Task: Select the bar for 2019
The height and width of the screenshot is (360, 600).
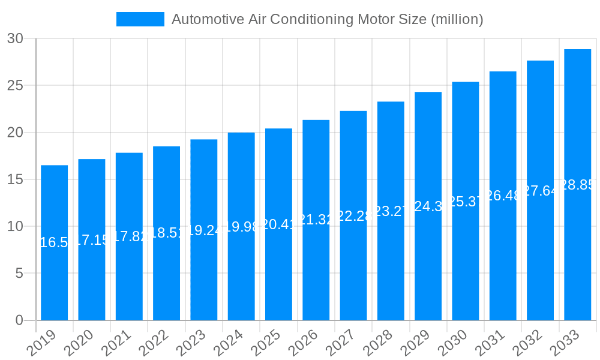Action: click(x=54, y=242)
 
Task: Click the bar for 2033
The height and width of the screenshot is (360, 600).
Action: click(x=577, y=185)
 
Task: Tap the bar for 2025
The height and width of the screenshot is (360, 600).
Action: click(x=278, y=224)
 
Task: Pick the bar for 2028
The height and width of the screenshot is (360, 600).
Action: click(x=391, y=211)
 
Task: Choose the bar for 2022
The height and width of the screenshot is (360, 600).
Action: click(x=166, y=233)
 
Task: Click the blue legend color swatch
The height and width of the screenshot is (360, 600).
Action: click(x=140, y=19)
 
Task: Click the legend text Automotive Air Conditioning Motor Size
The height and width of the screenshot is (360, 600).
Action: click(x=327, y=19)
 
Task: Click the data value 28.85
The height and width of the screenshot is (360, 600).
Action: click(x=577, y=185)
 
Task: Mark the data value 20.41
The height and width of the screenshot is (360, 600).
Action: click(x=278, y=224)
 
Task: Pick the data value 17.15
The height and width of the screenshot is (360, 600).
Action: click(x=92, y=240)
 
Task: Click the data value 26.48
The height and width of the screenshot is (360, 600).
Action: click(x=503, y=196)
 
